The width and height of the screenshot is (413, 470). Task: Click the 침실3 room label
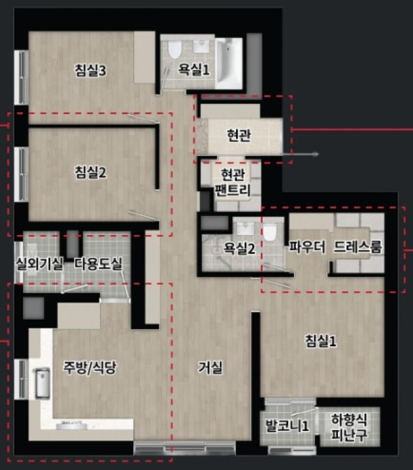point(90,70)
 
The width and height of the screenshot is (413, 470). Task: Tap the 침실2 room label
point(90,172)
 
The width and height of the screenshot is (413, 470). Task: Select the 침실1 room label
point(321,341)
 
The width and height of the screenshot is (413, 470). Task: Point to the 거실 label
point(210,367)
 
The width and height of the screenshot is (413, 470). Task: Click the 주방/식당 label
point(89,367)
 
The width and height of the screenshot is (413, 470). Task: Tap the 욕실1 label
point(194,70)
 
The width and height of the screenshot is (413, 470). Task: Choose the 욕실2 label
point(239,248)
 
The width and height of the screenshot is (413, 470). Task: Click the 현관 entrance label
point(239,135)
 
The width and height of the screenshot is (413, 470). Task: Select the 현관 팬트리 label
point(233,182)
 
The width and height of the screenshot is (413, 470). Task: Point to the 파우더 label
point(306,247)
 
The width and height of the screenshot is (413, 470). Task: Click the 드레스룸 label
point(357,247)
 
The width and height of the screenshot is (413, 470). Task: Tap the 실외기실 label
point(40,264)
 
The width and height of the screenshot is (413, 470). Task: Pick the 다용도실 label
point(98,264)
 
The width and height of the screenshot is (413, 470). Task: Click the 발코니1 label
point(287,426)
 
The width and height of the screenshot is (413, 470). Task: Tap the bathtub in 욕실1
point(229,63)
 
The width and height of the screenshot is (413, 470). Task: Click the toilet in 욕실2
point(269,232)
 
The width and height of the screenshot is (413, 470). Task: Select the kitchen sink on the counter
point(42,383)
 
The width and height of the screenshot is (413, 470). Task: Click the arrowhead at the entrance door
point(316,154)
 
